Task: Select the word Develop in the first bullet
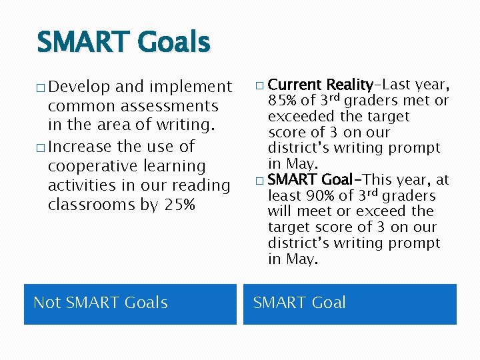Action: pos(79,87)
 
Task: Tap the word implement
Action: pos(190,87)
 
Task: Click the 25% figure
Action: pos(179,205)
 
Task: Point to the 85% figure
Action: pos(283,101)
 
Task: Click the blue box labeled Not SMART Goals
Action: pos(130,304)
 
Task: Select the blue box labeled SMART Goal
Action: pos(349,304)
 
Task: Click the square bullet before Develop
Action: pos(41,88)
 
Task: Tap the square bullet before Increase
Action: pos(41,147)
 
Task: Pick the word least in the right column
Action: pos(285,195)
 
